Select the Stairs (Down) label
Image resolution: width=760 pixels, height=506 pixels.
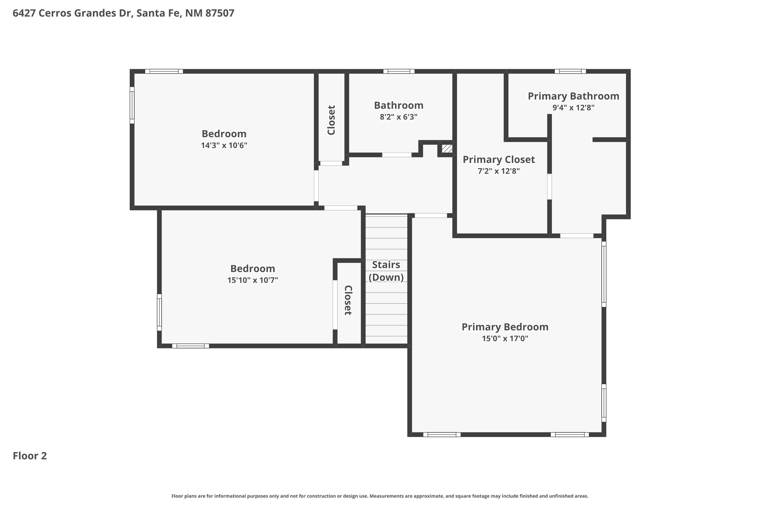point(386,271)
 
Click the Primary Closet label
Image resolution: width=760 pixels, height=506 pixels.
point(499,159)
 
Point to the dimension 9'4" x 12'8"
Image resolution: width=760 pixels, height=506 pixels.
point(573,108)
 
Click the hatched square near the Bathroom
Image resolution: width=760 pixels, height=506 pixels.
point(447,149)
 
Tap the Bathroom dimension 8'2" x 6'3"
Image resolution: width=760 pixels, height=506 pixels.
point(398,117)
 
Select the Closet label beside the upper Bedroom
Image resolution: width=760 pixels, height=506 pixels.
point(331,120)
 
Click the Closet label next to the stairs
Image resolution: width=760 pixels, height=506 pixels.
point(348,300)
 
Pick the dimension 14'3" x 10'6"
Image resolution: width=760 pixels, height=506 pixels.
point(224,145)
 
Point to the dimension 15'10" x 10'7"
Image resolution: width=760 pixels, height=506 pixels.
point(252,280)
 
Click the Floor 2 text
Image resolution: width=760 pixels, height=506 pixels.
point(30,456)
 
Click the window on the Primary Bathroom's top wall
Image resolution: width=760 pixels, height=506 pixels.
point(570,71)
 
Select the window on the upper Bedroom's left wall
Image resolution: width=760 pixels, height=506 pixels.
point(132,105)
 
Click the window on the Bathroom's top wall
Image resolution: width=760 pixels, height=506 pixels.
point(398,71)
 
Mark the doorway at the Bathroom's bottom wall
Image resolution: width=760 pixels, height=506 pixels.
point(396,155)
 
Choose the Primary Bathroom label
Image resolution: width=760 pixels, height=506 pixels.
point(573,96)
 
